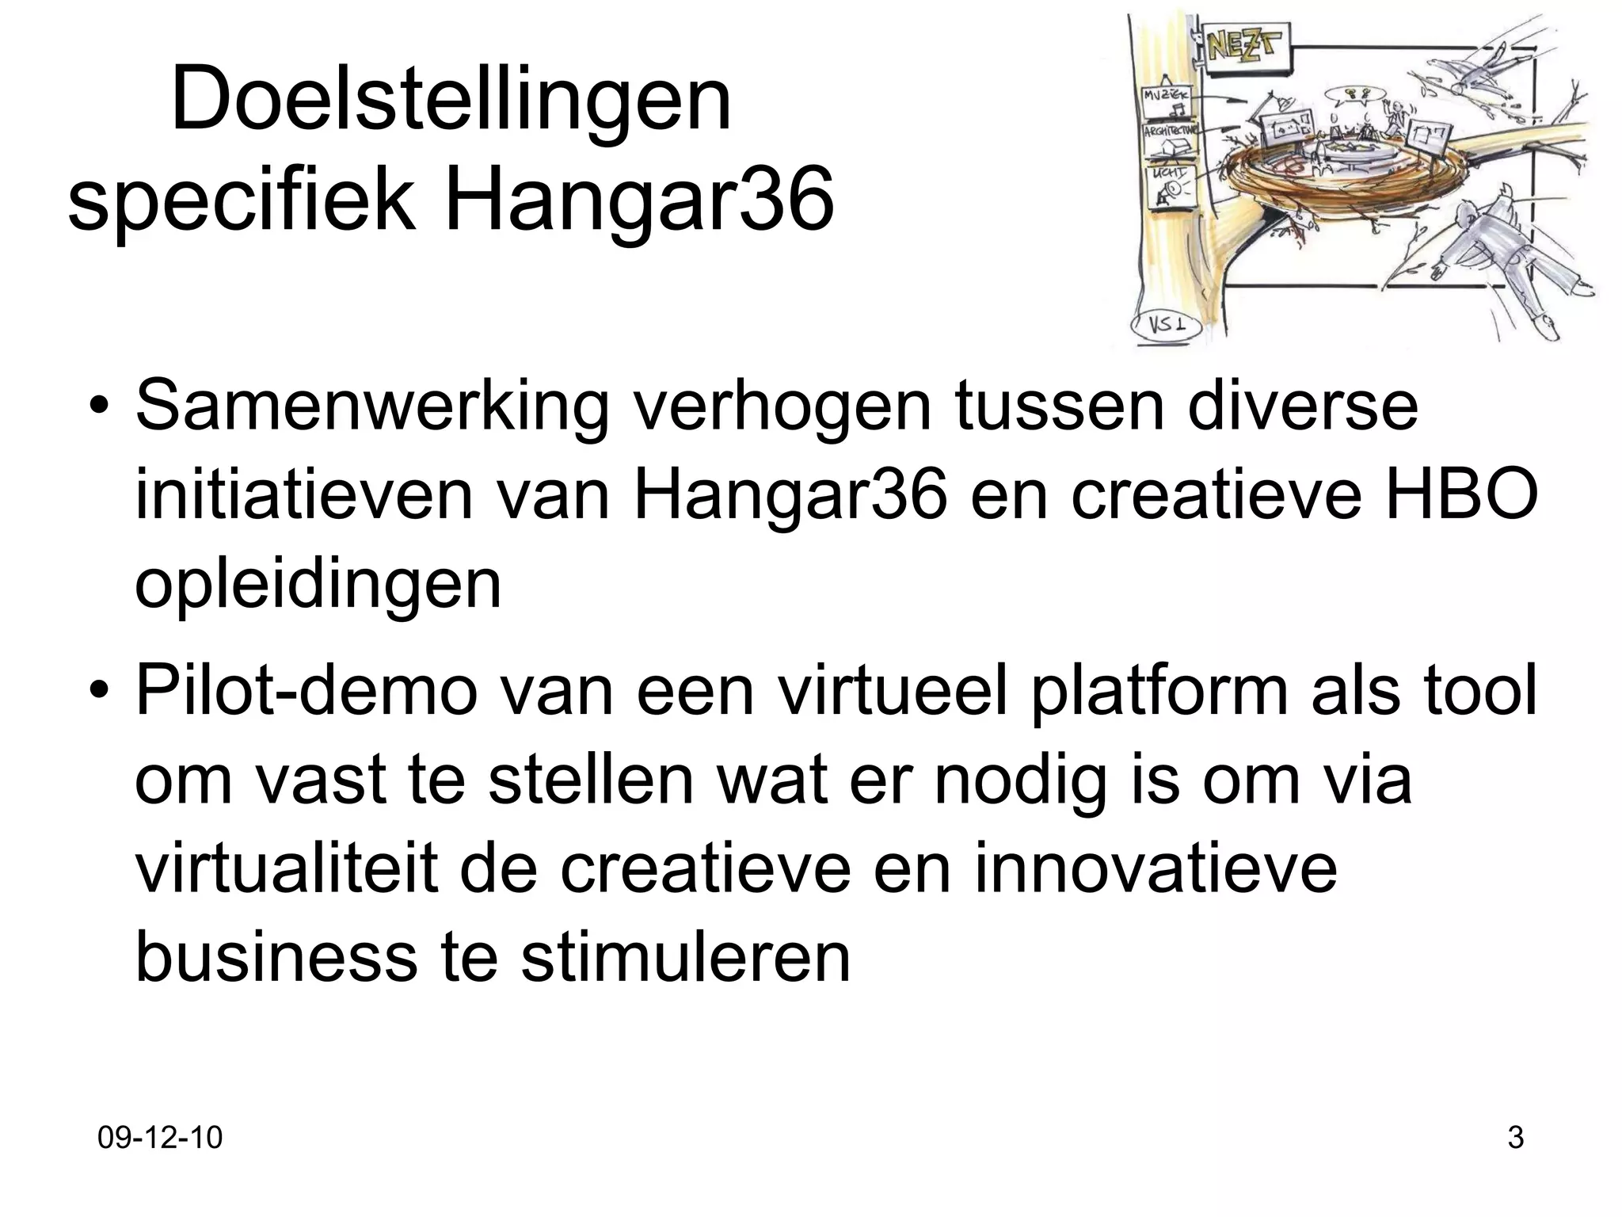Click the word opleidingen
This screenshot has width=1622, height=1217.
(318, 585)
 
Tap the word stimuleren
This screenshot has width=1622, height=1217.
(686, 957)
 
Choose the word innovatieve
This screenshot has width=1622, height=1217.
(1156, 868)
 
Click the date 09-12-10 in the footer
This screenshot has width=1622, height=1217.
(160, 1139)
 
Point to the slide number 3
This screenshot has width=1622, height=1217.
(1515, 1139)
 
